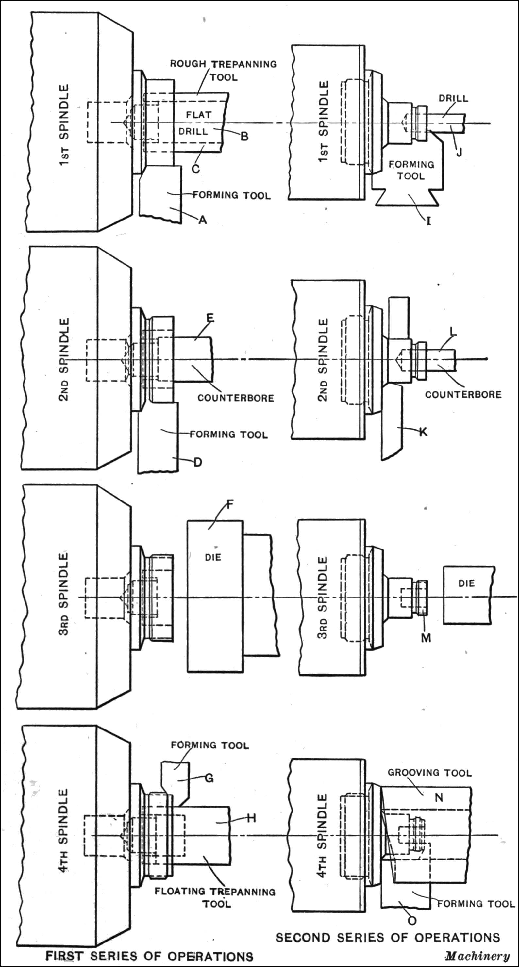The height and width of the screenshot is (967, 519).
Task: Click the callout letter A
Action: (203, 220)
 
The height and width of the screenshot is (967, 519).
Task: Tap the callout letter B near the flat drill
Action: (244, 136)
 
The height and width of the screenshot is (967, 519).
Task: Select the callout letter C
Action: (196, 169)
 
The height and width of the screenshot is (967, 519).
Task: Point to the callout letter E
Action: (210, 318)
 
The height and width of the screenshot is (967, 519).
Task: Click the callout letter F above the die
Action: (229, 504)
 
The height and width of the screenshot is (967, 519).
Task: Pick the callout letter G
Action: (209, 778)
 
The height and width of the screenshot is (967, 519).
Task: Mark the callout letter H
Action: (251, 818)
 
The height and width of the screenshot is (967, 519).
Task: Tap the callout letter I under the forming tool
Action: (428, 221)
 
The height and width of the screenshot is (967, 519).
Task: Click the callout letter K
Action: (423, 432)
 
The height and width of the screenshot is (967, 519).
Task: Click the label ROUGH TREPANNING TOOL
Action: (224, 71)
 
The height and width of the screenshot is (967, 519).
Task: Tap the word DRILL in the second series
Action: (454, 98)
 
